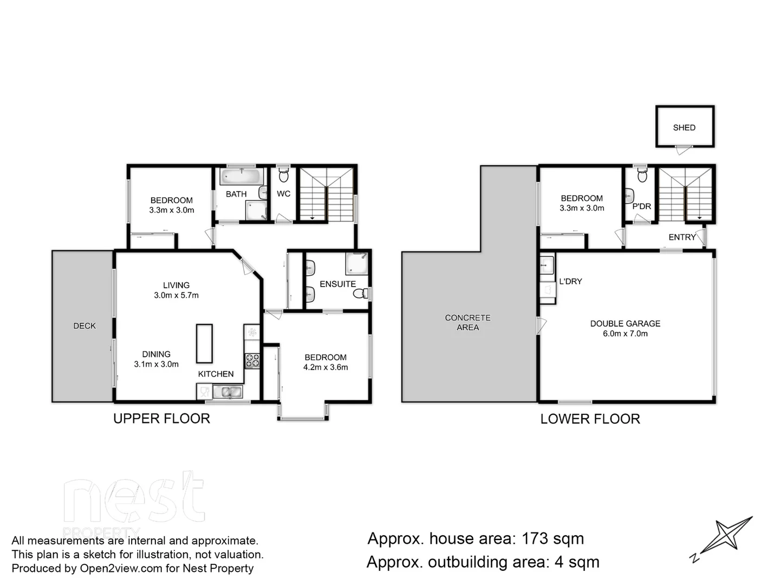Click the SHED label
click(x=684, y=128)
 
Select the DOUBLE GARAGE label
click(x=625, y=323)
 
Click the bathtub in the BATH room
click(x=241, y=177)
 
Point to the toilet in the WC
click(x=283, y=175)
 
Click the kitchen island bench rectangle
click(x=204, y=343)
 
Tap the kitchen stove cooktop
click(x=252, y=360)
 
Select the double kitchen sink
click(x=227, y=391)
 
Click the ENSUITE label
click(x=337, y=284)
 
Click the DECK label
click(x=84, y=326)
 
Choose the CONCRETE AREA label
click(x=467, y=322)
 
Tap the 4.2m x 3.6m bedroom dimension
click(x=326, y=367)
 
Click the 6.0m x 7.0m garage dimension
click(x=625, y=334)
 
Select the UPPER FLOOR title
click(x=161, y=418)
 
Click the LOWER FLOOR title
click(x=590, y=419)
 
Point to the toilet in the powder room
click(x=642, y=175)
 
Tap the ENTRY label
click(x=681, y=237)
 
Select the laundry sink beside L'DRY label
click(x=547, y=265)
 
